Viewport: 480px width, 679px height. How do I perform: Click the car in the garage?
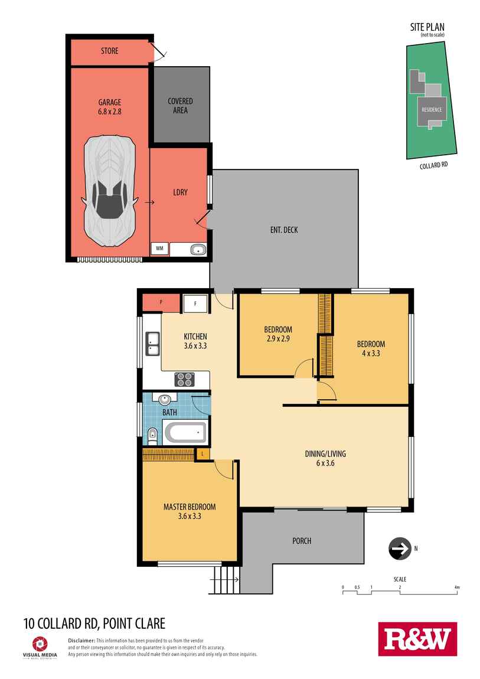[109, 191]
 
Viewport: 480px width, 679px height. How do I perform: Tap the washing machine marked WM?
[160, 249]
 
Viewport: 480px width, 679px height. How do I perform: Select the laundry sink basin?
[198, 249]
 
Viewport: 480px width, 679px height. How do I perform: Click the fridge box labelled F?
[195, 303]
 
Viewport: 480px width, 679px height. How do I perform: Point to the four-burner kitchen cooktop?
[184, 379]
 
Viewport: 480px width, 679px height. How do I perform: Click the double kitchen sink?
[152, 344]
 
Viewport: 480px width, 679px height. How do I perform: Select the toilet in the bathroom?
[152, 436]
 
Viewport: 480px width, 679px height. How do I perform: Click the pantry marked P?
[161, 302]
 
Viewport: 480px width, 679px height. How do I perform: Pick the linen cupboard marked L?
[203, 453]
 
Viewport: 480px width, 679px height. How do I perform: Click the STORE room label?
[109, 51]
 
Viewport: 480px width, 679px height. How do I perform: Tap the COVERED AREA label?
[180, 106]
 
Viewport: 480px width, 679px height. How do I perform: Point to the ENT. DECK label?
[284, 230]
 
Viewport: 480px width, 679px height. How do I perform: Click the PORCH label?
[302, 541]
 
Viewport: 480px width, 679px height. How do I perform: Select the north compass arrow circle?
[400, 549]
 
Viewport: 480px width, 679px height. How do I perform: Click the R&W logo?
[417, 639]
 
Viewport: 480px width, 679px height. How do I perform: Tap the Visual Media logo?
[40, 648]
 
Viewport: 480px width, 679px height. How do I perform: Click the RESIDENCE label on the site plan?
[432, 110]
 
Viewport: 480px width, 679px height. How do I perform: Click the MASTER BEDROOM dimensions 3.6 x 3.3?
[190, 516]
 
